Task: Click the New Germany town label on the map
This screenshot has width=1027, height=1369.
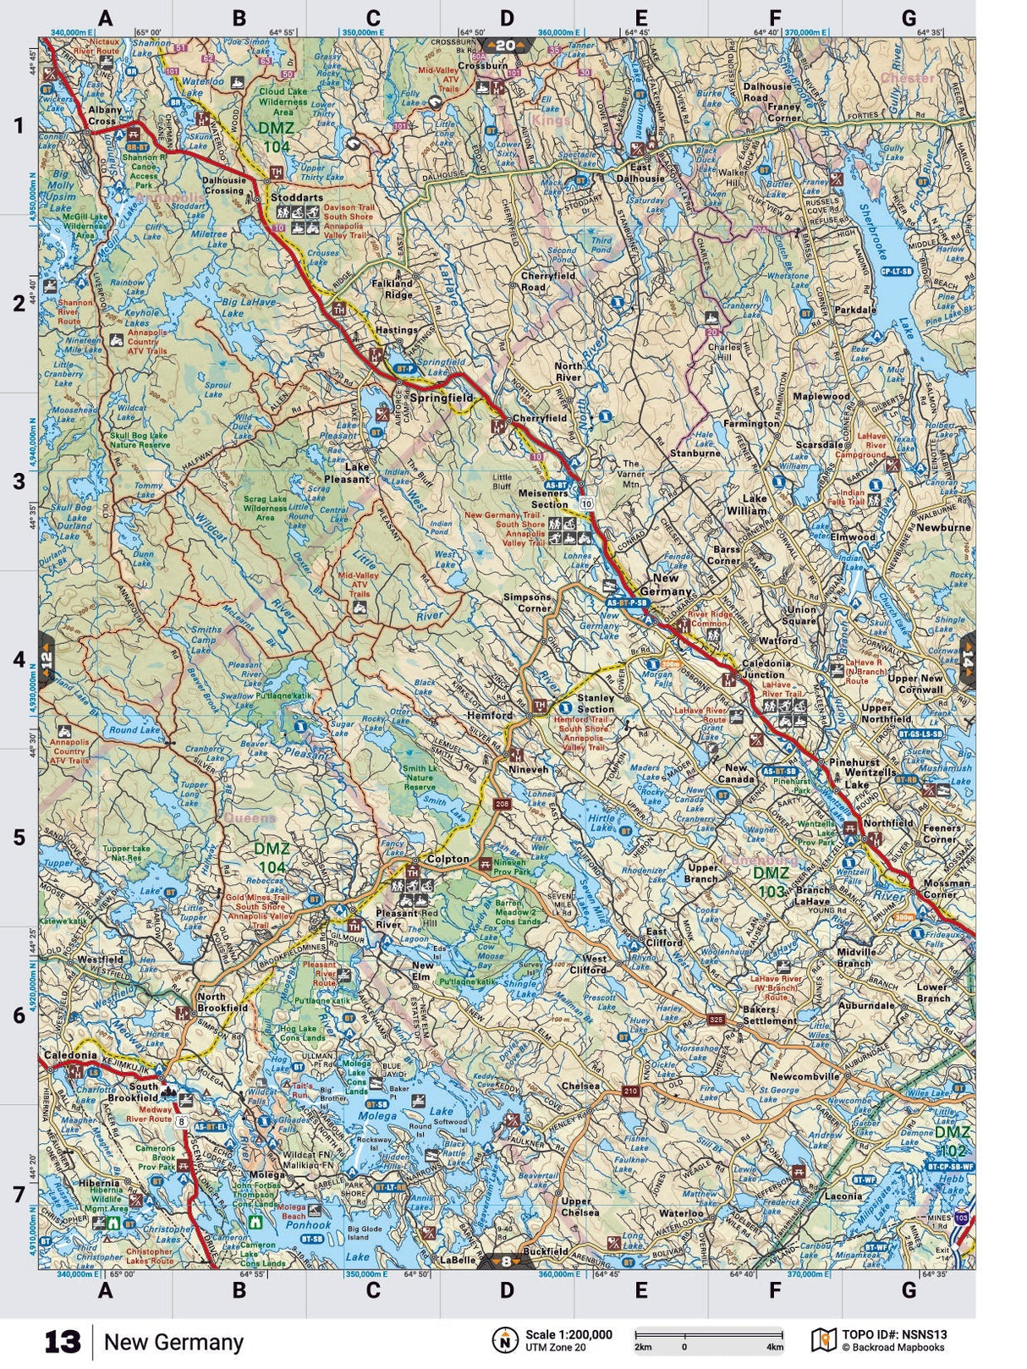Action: [666, 585]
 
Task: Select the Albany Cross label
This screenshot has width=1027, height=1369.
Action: [105, 115]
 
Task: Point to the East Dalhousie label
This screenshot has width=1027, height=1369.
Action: [640, 172]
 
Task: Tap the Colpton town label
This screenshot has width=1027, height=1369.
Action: [448, 858]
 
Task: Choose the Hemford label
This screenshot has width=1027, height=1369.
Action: [491, 715]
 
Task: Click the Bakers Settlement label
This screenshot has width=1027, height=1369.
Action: [770, 1014]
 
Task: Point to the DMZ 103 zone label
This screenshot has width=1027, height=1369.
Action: [771, 880]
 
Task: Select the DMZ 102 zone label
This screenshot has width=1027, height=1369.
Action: [953, 1141]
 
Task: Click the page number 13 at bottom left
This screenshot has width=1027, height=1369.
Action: [63, 1342]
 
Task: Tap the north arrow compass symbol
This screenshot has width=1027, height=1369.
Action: [504, 1340]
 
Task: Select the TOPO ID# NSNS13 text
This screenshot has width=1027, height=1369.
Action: [894, 1335]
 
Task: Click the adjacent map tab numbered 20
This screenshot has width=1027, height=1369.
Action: [506, 46]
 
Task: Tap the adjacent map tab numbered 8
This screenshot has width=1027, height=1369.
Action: [506, 1262]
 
